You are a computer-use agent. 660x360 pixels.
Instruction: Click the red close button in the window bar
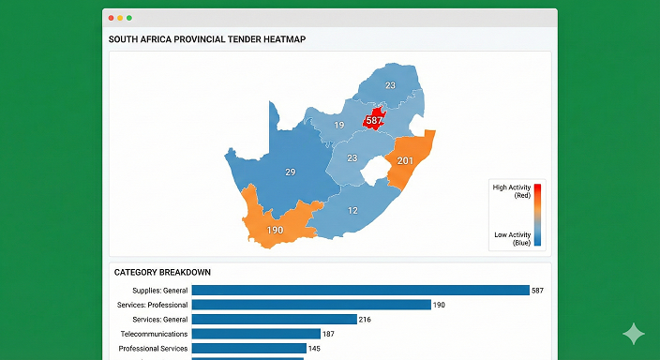click(x=111, y=18)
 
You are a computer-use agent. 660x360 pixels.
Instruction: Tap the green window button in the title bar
click(x=129, y=18)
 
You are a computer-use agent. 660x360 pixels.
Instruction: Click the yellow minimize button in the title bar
click(x=120, y=18)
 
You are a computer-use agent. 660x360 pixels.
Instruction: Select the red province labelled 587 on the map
click(x=374, y=121)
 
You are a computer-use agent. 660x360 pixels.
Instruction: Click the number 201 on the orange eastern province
click(x=405, y=161)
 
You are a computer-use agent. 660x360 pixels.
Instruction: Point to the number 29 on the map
click(x=290, y=172)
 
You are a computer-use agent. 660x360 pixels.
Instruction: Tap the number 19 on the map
click(x=338, y=126)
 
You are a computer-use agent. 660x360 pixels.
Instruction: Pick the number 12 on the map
click(x=352, y=211)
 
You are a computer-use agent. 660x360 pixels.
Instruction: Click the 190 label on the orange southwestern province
click(x=275, y=230)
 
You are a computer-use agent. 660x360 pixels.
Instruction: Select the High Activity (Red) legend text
click(x=512, y=191)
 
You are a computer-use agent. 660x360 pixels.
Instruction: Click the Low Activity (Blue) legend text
click(x=513, y=238)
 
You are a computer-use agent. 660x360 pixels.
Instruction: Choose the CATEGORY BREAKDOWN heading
click(x=162, y=273)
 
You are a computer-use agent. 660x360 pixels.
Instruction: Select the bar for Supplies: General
click(x=360, y=291)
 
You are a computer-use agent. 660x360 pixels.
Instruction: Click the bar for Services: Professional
click(x=311, y=305)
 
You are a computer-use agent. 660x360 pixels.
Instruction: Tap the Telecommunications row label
click(x=155, y=334)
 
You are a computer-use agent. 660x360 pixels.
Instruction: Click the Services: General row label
click(x=160, y=320)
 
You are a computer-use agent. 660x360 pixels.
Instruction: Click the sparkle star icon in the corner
click(x=634, y=335)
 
